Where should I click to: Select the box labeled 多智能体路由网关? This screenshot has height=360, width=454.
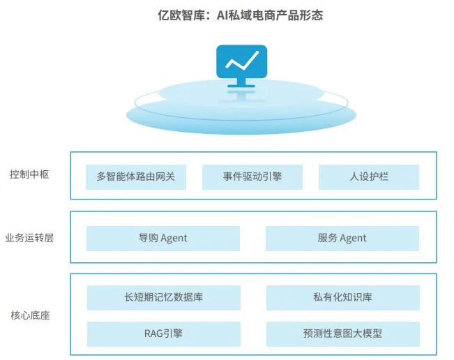pyautogui.click(x=141, y=177)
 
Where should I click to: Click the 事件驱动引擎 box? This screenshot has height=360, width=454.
pyautogui.click(x=252, y=177)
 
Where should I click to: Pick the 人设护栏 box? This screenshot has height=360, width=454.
pyautogui.click(x=369, y=177)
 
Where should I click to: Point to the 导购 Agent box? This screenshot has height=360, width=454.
pyautogui.click(x=163, y=238)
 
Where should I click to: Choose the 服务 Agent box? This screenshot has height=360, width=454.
pyautogui.click(x=342, y=238)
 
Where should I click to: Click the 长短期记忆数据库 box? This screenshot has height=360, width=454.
pyautogui.click(x=163, y=298)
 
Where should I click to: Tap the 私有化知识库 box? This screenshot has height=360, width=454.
pyautogui.click(x=342, y=298)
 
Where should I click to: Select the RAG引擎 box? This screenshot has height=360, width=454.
pyautogui.click(x=163, y=333)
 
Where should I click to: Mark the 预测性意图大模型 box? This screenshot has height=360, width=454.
pyautogui.click(x=342, y=333)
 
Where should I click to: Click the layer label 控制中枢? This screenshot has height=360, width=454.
pyautogui.click(x=29, y=174)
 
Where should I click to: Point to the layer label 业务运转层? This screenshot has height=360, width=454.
pyautogui.click(x=29, y=237)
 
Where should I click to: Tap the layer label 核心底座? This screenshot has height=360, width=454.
pyautogui.click(x=29, y=315)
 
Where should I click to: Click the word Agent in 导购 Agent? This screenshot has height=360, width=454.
pyautogui.click(x=174, y=239)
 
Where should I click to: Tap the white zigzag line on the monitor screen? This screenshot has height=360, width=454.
pyautogui.click(x=241, y=61)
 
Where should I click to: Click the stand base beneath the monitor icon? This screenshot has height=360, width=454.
pyautogui.click(x=241, y=86)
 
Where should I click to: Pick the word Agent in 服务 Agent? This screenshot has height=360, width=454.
pyautogui.click(x=353, y=239)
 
